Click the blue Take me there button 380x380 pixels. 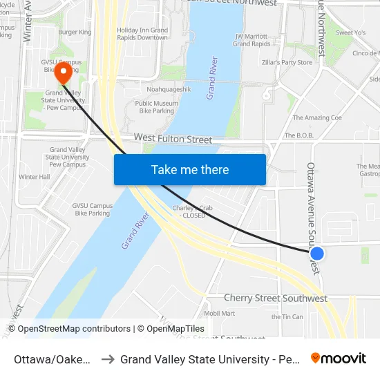[190, 169]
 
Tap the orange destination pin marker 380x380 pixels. [64, 73]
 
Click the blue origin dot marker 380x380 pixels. [318, 254]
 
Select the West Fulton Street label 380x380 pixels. [173, 140]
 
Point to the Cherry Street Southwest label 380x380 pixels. [275, 298]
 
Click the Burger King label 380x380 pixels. [75, 32]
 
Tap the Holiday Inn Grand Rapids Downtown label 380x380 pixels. [142, 34]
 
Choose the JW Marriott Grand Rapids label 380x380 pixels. [251, 40]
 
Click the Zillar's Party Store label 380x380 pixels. [287, 62]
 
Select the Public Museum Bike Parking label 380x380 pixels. [156, 107]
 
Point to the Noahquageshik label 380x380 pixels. [163, 90]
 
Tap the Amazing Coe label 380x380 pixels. [317, 118]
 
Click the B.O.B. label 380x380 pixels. [299, 136]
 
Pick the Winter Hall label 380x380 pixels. [34, 177]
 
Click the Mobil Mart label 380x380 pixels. [220, 313]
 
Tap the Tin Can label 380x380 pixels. [287, 317]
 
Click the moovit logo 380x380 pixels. [339, 359]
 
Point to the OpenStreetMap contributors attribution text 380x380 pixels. [69, 329]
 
